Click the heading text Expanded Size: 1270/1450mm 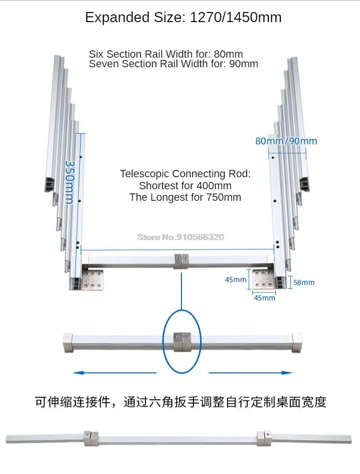coord(183,18)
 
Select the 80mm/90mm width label coord(286,141)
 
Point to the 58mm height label coord(304,282)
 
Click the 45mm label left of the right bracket coord(236,280)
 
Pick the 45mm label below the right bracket coord(264,298)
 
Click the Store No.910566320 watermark coord(180,237)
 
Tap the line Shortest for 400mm coord(185,185)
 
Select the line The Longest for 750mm coord(185,197)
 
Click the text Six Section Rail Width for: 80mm coord(166,54)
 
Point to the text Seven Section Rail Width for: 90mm coord(173,63)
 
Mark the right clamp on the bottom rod coord(264,438)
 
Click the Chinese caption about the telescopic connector coord(180,401)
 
